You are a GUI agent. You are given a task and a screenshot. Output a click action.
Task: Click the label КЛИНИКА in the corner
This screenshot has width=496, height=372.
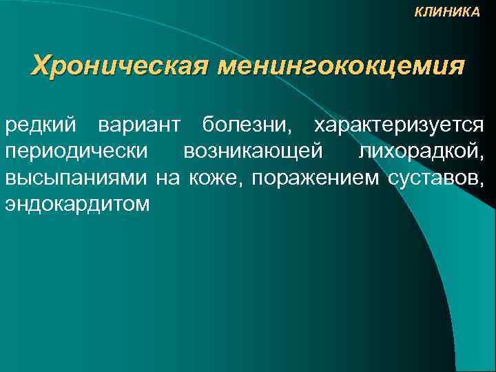[448, 12]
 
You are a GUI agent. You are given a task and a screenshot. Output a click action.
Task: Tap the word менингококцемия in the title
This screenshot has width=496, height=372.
[341, 66]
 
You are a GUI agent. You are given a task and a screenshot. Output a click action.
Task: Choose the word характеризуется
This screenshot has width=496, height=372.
[400, 127]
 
